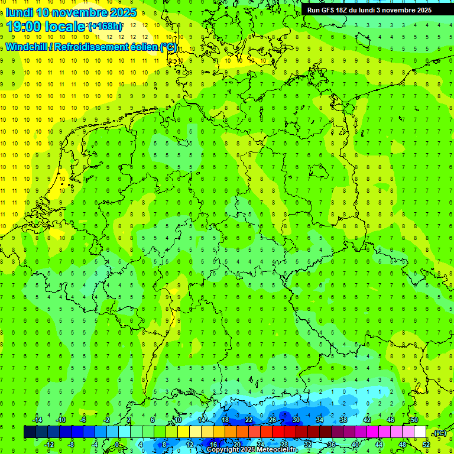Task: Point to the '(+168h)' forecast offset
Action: coord(105,27)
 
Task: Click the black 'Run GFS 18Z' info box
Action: coord(369,9)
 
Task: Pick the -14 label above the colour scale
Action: coord(38,420)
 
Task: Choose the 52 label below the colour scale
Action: coord(426,445)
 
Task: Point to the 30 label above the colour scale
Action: coord(296,420)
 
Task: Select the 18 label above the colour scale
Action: coord(225,420)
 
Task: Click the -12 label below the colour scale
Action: coord(50,445)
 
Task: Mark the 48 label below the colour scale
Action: coord(403,445)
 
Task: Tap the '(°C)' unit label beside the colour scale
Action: coord(439,433)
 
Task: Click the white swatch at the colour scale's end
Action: coord(420,432)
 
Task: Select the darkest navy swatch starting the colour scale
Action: coord(30,432)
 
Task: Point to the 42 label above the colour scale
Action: coord(367,420)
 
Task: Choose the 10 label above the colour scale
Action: coord(177,420)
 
